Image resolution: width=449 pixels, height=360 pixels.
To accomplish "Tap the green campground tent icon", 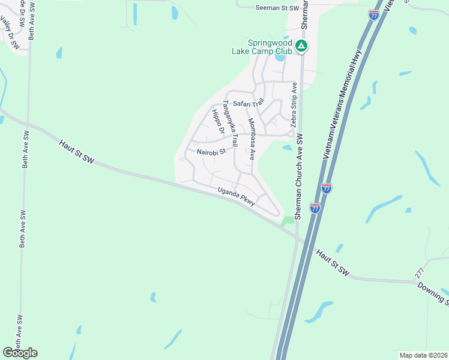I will pyautogui.click(x=303, y=46).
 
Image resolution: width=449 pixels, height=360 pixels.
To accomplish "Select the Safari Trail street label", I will pyautogui.click(x=249, y=103).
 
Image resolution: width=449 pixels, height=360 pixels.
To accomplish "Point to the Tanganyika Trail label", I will pyautogui.click(x=231, y=124).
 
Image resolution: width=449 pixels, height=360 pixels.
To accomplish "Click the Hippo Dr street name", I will pyautogui.click(x=217, y=122).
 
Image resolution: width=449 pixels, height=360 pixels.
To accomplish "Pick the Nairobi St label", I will pyautogui.click(x=211, y=152).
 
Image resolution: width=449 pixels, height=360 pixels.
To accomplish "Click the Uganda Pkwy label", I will pyautogui.click(x=237, y=196).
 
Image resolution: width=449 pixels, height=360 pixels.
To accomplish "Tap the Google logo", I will pyautogui.click(x=20, y=353).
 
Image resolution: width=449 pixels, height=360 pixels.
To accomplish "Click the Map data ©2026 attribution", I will pyautogui.click(x=423, y=355).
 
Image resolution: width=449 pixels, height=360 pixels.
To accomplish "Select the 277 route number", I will pyautogui.click(x=419, y=272).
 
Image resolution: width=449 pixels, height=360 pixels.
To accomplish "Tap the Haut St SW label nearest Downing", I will pyautogui.click(x=333, y=263).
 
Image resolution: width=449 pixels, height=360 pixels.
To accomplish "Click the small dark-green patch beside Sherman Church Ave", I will pyautogui.click(x=289, y=221).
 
